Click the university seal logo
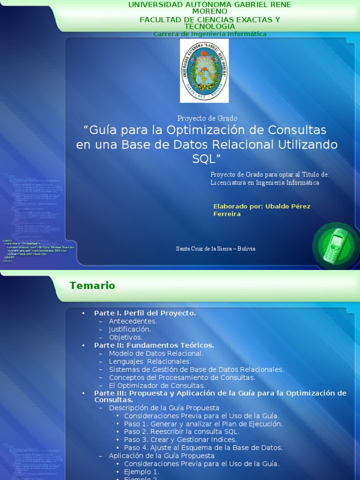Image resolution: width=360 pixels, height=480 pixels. pos(204,70)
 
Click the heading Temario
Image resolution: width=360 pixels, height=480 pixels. pos(92,285)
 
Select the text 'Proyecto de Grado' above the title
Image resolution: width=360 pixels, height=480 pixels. pos(207,119)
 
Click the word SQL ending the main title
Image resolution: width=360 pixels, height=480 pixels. pos(206,159)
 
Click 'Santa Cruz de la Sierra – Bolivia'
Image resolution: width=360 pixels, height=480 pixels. pos(216,248)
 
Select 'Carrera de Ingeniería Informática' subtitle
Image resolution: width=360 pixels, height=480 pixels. pos(210,34)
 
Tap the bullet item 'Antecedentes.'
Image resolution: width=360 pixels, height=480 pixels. pos(133,321)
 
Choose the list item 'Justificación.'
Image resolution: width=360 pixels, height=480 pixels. pos(130,329)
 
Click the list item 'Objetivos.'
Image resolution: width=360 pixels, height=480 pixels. pos(126,337)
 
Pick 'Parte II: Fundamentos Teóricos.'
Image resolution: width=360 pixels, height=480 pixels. pos(154,345)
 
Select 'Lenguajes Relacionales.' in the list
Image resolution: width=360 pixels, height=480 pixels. pos(150,361)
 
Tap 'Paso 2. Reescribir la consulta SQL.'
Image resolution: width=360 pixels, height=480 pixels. pos(182,432)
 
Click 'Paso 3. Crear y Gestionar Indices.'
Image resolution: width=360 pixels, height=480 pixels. pos(180,440)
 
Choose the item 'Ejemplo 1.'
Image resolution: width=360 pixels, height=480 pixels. pos(142,472)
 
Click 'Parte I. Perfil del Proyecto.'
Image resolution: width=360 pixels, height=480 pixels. pos(145,313)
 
